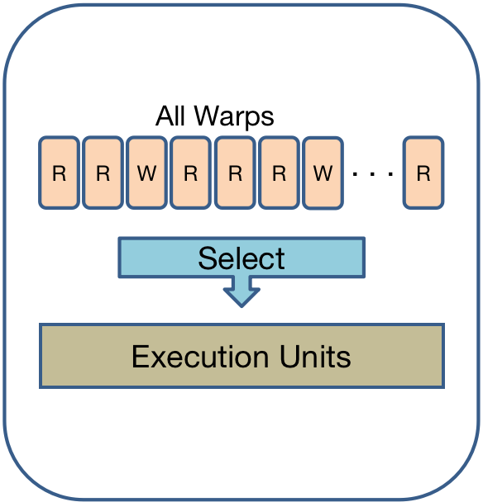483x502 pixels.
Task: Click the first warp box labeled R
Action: (x=59, y=173)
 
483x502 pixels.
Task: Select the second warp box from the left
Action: (x=103, y=173)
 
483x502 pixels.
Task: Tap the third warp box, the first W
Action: (x=147, y=173)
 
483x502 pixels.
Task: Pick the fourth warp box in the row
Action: (x=191, y=173)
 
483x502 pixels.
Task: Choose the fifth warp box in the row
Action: (x=235, y=173)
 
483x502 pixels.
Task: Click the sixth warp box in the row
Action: (x=279, y=173)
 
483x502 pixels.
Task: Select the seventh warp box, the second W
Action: (x=323, y=173)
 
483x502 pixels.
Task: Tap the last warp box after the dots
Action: (x=423, y=173)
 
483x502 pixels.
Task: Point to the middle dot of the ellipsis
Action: (x=373, y=174)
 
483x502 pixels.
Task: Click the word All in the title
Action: (x=170, y=116)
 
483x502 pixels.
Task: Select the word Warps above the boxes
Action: (x=234, y=117)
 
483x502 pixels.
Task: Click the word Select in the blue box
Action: (x=241, y=258)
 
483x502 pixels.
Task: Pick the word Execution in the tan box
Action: (x=200, y=357)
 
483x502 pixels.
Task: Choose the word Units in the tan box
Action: (x=315, y=357)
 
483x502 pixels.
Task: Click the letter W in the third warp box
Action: (x=147, y=173)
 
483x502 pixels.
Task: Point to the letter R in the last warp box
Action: (x=423, y=173)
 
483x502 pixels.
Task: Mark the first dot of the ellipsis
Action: (x=355, y=174)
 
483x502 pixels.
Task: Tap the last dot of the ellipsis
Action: (x=390, y=174)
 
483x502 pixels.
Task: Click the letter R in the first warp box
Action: (x=59, y=173)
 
